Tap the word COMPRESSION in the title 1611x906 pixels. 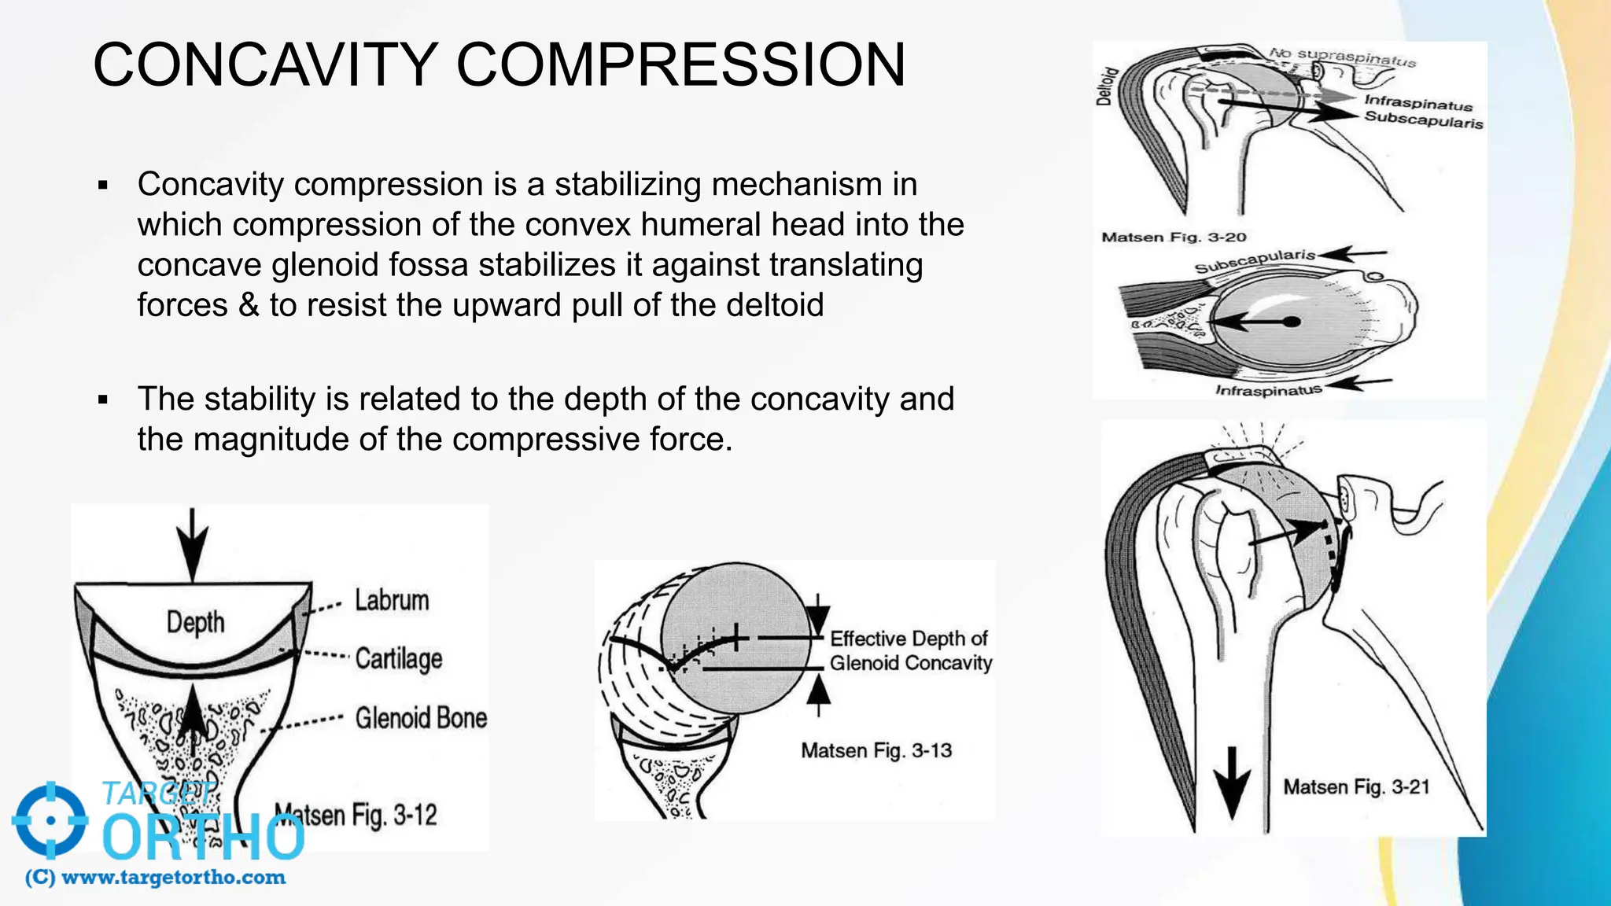[680, 64]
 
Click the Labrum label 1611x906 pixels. [392, 600]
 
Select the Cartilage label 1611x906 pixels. [398, 658]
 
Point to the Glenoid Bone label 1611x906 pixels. [421, 718]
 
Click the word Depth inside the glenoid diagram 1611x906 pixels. [195, 622]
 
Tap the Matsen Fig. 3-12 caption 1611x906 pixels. [356, 815]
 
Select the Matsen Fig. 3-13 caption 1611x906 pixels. [876, 750]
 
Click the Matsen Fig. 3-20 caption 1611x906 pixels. [1174, 237]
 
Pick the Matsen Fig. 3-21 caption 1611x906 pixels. [1356, 787]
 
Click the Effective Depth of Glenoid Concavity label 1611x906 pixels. [910, 650]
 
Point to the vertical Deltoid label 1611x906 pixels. [1106, 87]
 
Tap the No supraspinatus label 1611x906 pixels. [1342, 57]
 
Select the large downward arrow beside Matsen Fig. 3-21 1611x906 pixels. [1232, 783]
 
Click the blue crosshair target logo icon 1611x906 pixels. [50, 819]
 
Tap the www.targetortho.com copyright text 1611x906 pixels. [156, 878]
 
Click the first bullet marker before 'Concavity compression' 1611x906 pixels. [103, 186]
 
